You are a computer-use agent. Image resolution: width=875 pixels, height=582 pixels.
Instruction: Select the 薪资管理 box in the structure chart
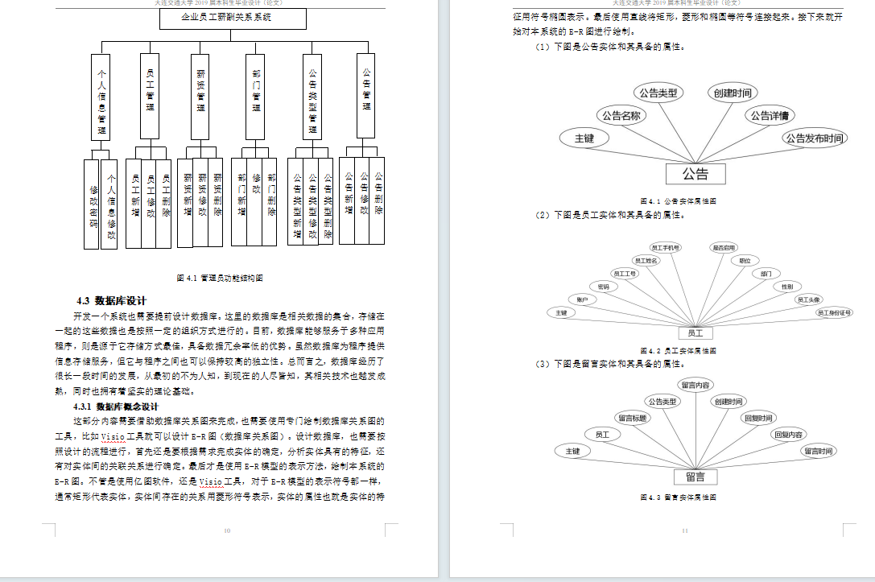click(x=200, y=96)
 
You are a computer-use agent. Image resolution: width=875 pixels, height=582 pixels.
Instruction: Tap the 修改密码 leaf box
click(x=93, y=202)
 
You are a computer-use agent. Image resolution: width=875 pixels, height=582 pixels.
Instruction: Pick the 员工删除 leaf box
click(x=165, y=197)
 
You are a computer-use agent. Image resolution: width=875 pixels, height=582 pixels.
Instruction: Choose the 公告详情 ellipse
click(x=770, y=116)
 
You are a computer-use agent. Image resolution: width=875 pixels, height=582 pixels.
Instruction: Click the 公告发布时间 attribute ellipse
click(x=814, y=138)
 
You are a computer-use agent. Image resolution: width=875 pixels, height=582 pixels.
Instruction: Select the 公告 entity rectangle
click(x=695, y=173)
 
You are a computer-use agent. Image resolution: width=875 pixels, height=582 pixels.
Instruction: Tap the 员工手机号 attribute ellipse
click(x=665, y=248)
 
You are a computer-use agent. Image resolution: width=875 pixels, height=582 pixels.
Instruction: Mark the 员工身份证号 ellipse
click(x=834, y=312)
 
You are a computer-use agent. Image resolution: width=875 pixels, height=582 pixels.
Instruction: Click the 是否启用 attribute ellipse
click(x=723, y=248)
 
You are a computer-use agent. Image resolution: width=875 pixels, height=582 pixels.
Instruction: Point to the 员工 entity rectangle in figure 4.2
click(x=695, y=332)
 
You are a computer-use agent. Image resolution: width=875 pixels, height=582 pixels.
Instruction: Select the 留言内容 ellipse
click(x=695, y=385)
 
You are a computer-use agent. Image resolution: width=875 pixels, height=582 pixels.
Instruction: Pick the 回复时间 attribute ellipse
click(x=757, y=418)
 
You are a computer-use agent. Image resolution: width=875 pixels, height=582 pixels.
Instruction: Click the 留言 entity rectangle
click(x=695, y=477)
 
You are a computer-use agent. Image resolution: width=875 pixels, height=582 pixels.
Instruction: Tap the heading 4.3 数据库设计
click(x=111, y=301)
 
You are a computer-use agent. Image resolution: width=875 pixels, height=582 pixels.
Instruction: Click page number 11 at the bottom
click(x=684, y=530)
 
